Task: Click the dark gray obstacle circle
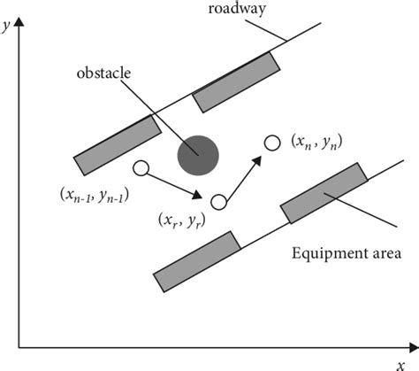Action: tap(198, 156)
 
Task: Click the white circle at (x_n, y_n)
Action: tap(273, 142)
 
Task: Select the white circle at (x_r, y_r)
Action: tap(219, 203)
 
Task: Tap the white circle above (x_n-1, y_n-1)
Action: tap(140, 167)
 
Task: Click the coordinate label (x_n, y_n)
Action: tap(316, 143)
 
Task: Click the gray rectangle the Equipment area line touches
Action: tap(324, 193)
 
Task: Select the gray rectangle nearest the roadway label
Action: tap(236, 81)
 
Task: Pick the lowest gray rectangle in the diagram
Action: tap(197, 261)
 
